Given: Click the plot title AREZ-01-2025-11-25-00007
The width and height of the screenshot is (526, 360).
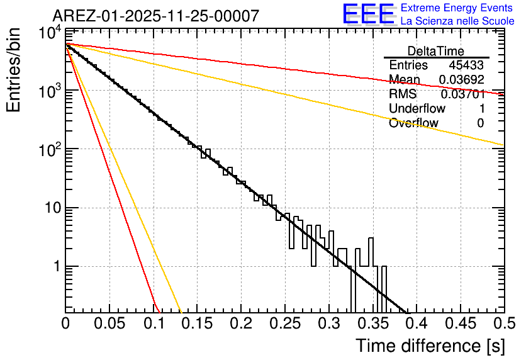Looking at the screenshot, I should [x=155, y=16].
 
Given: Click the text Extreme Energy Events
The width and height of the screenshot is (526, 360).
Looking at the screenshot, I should [x=457, y=8].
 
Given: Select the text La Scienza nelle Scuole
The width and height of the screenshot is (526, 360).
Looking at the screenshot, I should [x=457, y=21].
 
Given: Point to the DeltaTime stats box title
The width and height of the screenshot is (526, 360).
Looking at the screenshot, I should [x=436, y=51].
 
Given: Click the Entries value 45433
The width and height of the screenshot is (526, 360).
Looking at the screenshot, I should [x=466, y=65].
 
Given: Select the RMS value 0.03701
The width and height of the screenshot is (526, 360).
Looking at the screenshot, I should [x=462, y=94].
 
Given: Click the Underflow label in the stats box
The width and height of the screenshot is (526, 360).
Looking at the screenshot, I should [x=417, y=109].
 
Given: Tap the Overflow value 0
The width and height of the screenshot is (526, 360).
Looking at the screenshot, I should [x=480, y=123].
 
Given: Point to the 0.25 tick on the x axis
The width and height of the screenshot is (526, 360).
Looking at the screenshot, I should [x=284, y=324].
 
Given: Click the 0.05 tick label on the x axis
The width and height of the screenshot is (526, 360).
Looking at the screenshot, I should [x=109, y=324].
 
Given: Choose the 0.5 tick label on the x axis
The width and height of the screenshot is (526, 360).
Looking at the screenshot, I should [x=502, y=324].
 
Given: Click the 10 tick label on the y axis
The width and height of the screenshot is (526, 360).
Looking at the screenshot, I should [x=49, y=208].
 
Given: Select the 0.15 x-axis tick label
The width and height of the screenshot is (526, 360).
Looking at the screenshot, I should [x=196, y=324].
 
